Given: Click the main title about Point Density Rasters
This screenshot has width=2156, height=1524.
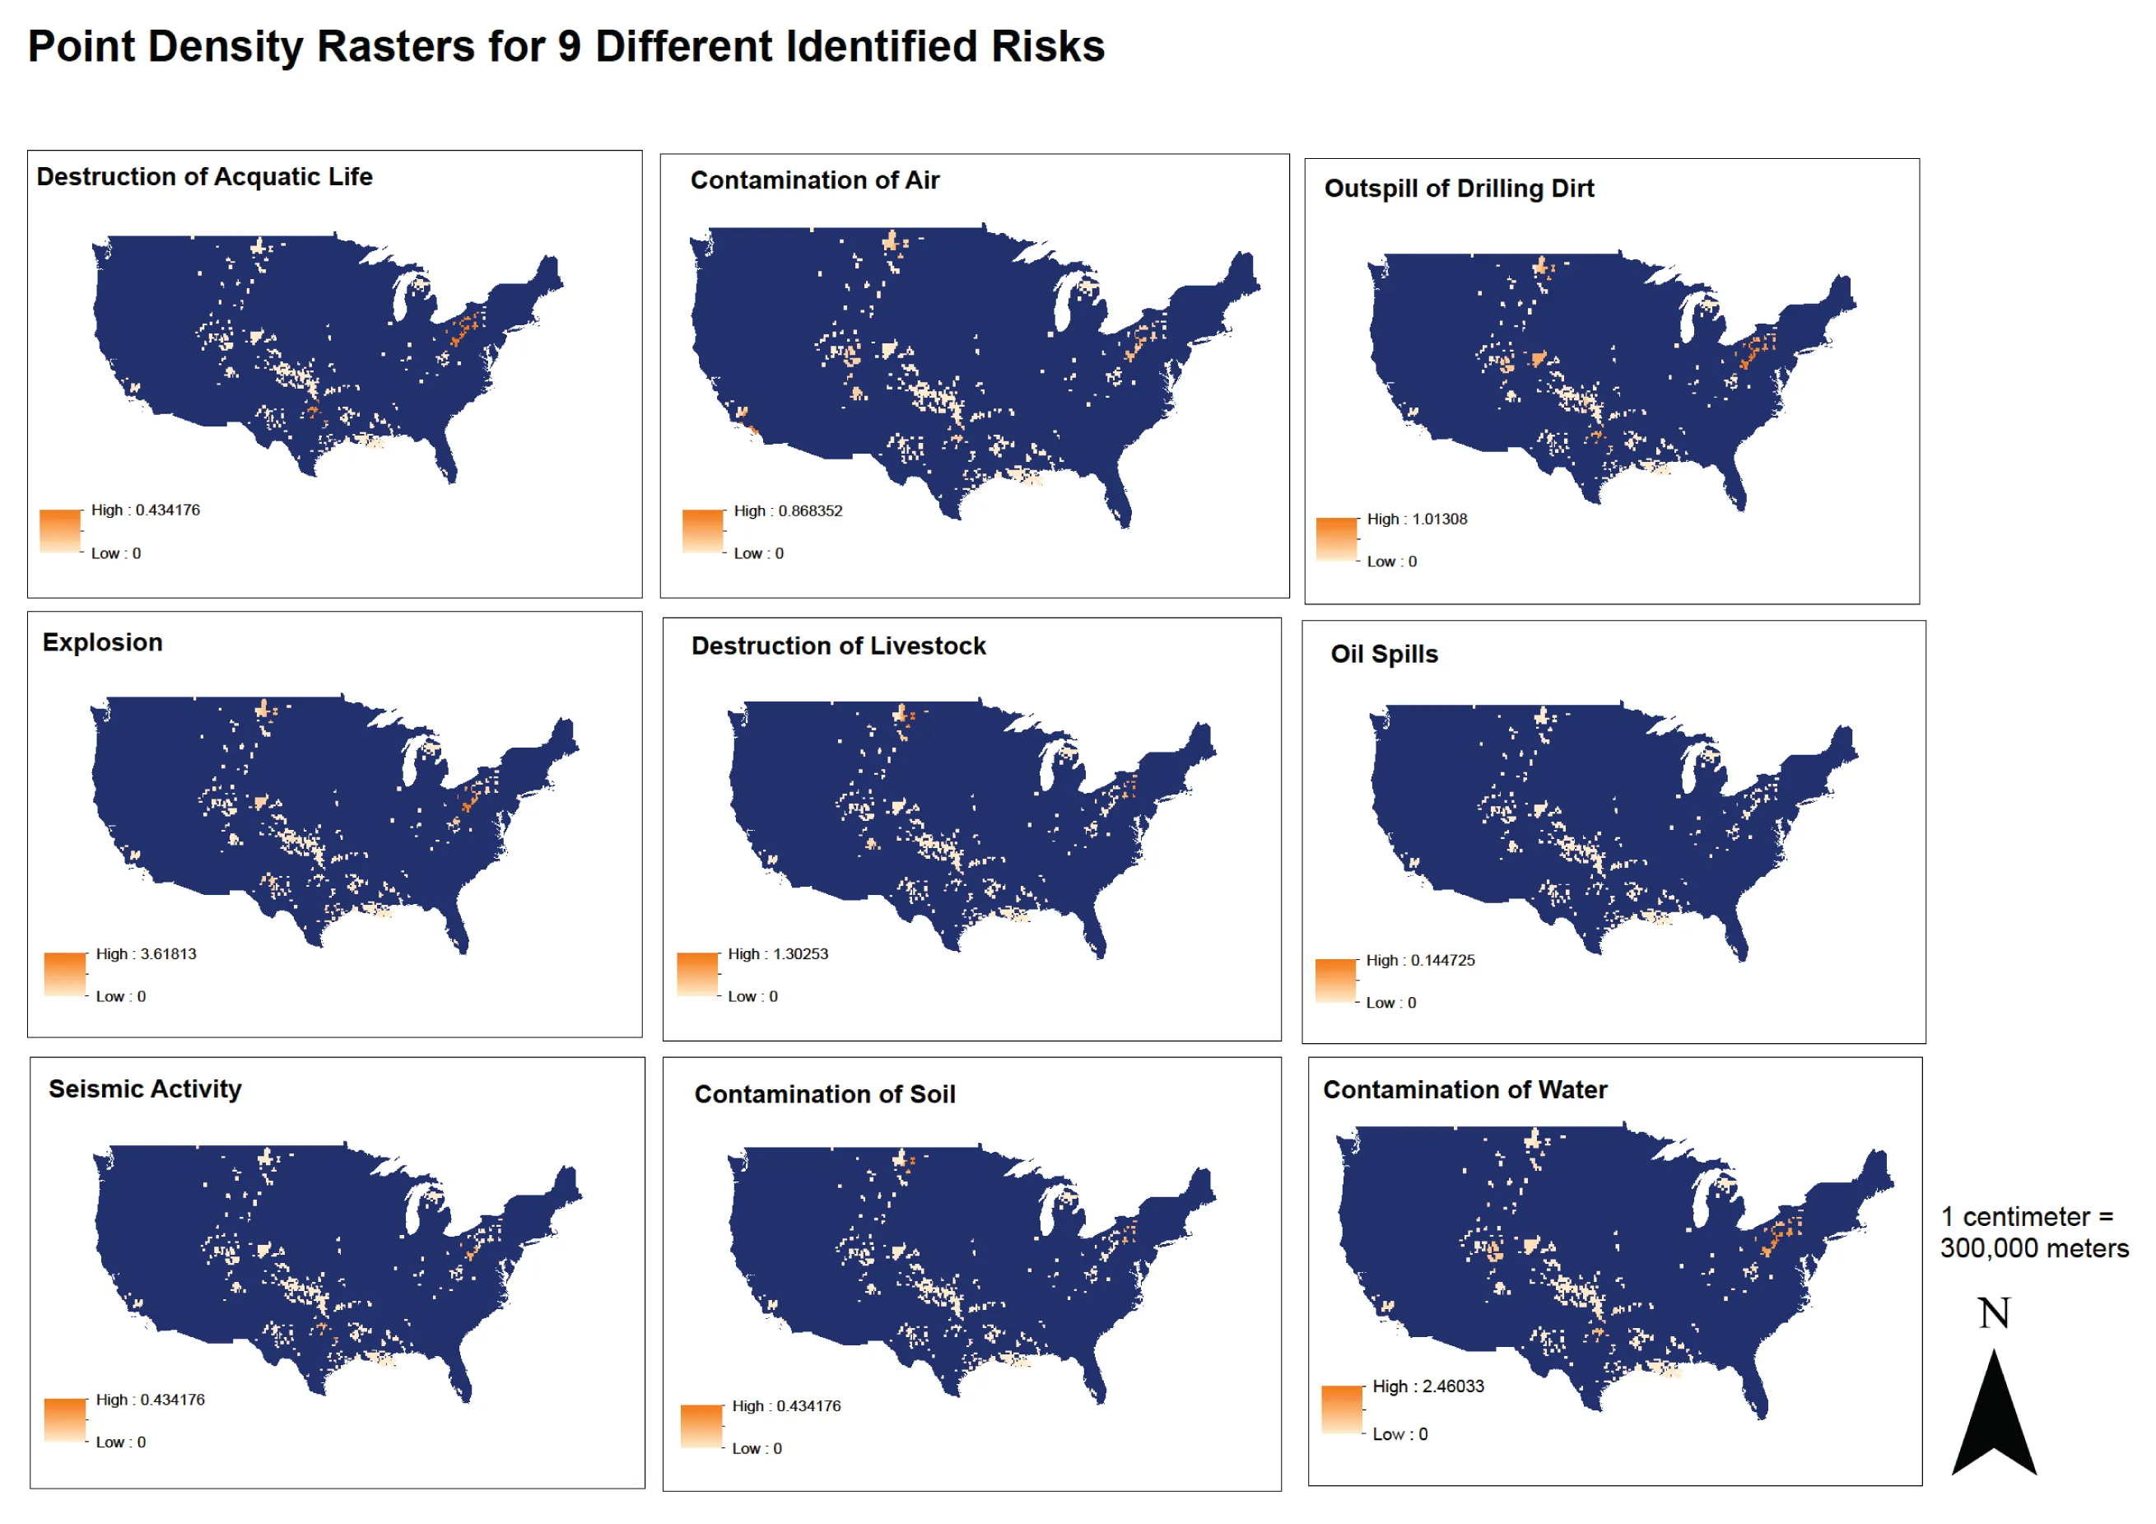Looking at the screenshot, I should [x=566, y=46].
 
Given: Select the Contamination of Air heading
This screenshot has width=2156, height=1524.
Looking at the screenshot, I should [x=814, y=180].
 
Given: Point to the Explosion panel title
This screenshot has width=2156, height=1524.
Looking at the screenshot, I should [x=102, y=642].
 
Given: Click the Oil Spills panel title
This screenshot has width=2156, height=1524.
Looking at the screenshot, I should [x=1383, y=655].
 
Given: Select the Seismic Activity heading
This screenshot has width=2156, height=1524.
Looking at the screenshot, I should [x=145, y=1088].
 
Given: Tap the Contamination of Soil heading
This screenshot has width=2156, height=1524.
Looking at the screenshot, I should [x=825, y=1094].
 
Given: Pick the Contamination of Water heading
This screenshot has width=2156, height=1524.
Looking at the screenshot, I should [x=1464, y=1089].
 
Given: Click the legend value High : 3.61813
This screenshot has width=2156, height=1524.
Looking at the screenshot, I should [x=146, y=954].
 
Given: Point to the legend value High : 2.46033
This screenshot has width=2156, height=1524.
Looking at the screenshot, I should [x=1427, y=1386].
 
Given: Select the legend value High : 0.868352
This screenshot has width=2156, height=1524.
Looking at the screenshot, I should [x=788, y=510].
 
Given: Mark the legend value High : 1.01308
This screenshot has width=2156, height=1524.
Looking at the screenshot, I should [x=1416, y=520].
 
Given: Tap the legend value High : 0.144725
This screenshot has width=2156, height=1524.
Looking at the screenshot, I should [x=1420, y=961].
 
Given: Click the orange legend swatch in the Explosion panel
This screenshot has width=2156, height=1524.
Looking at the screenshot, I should [x=65, y=974].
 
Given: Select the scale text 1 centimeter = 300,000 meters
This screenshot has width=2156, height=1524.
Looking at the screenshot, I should [x=2034, y=1232].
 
